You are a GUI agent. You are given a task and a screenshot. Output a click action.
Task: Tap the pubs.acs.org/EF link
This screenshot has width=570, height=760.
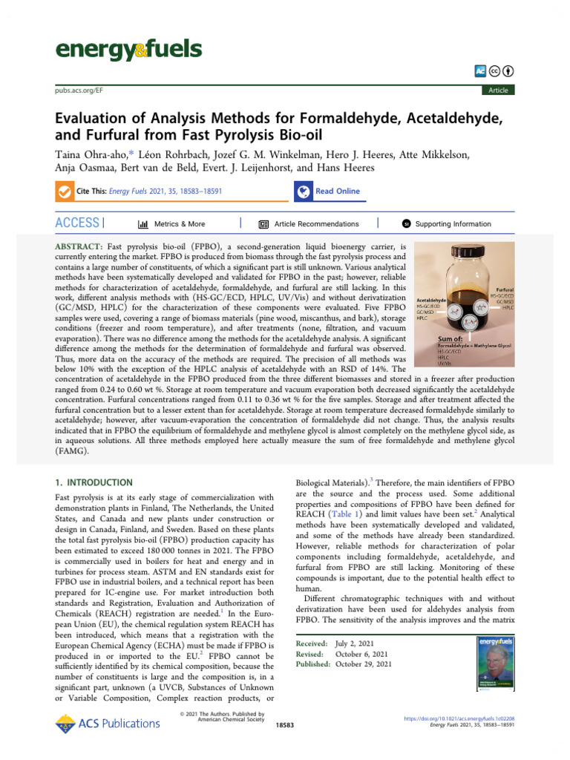[79, 90]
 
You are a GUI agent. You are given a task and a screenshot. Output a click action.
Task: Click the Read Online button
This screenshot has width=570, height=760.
[336, 191]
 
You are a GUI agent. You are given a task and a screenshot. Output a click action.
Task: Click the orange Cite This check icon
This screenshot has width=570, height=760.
[64, 191]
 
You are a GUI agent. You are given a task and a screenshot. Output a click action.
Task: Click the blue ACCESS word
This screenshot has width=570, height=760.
[77, 223]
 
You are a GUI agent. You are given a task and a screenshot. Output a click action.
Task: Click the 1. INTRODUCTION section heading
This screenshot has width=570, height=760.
[94, 482]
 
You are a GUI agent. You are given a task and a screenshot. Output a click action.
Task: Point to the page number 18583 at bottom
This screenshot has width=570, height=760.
[285, 724]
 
